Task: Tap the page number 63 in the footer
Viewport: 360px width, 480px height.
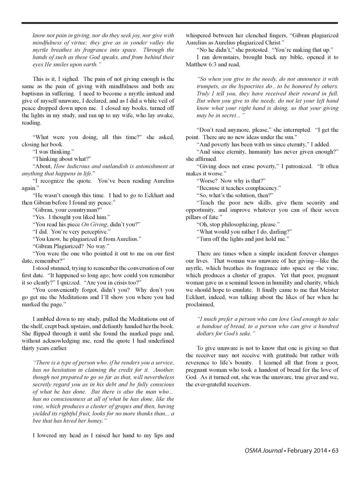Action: click(x=335, y=450)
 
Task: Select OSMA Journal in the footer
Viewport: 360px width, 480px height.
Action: click(x=261, y=450)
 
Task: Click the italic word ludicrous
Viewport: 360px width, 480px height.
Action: click(x=78, y=166)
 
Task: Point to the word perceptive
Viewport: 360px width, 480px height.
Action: click(x=84, y=232)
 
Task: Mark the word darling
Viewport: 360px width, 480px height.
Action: click(x=281, y=232)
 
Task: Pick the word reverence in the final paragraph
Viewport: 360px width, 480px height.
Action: click(x=201, y=363)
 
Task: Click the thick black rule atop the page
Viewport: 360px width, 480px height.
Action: click(x=180, y=23)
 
